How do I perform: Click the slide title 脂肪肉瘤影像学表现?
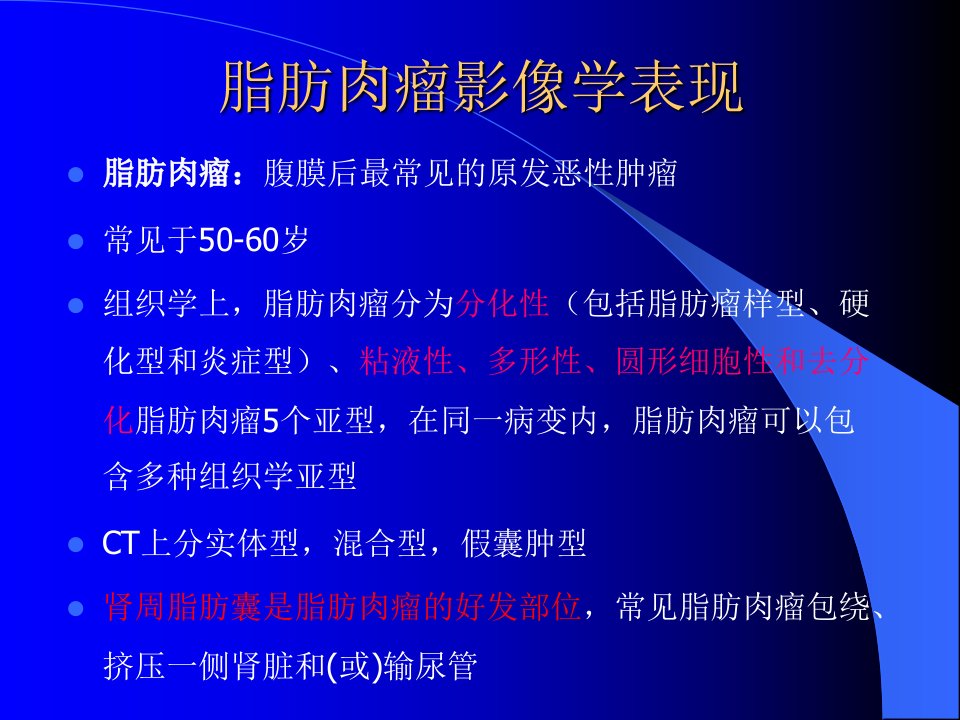(x=481, y=87)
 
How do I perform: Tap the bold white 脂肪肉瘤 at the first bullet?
(x=166, y=173)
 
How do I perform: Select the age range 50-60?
(x=239, y=239)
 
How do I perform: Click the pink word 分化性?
(x=502, y=304)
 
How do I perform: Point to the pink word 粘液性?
(x=406, y=361)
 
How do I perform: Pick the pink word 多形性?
(x=534, y=361)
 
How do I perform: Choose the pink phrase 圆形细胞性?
(x=694, y=361)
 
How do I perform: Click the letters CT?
(x=121, y=543)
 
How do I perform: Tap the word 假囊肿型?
(x=524, y=543)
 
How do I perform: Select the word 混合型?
(x=380, y=543)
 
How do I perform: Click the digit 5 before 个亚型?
(x=271, y=421)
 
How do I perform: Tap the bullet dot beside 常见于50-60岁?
(x=75, y=241)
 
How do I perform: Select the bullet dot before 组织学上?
(x=75, y=305)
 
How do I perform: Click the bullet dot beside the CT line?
(x=75, y=544)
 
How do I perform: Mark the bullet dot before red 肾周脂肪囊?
(x=75, y=609)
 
